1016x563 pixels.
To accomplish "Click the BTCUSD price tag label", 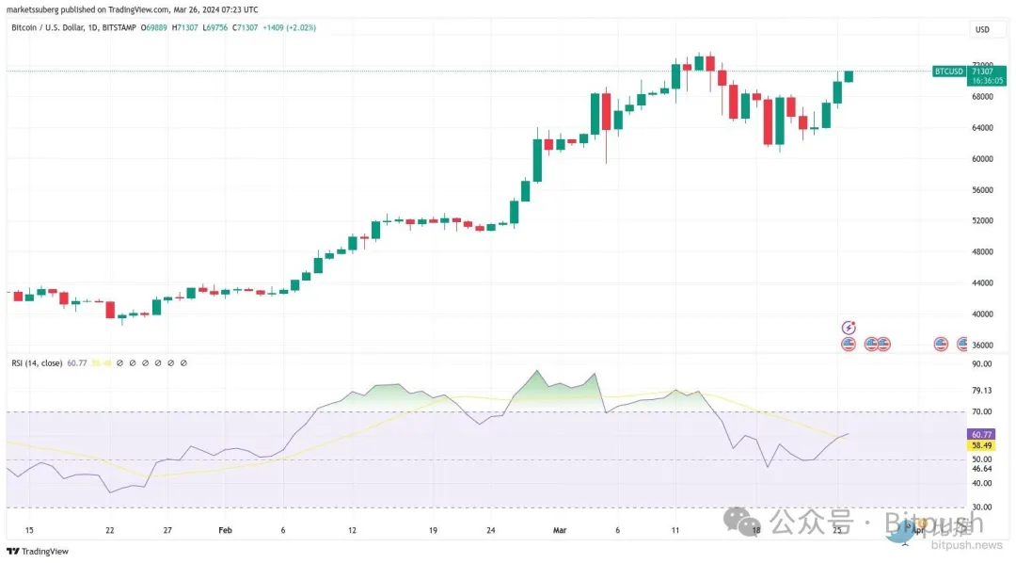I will (x=947, y=71).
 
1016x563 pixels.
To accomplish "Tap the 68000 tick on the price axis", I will (x=982, y=96).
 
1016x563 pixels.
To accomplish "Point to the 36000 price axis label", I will (x=982, y=346).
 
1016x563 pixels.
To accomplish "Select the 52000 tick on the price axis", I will (x=982, y=220).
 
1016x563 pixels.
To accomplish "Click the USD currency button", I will (x=982, y=29).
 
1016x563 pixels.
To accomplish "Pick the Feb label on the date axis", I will (x=225, y=530).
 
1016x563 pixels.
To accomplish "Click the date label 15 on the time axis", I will (x=29, y=530).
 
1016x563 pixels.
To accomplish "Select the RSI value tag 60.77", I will (x=981, y=433).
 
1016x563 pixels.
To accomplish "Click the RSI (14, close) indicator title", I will (x=38, y=362).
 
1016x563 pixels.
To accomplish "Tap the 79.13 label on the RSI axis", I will (x=982, y=391).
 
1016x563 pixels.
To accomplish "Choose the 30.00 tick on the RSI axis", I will (x=982, y=507).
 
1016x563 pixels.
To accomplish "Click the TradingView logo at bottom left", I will (x=31, y=552).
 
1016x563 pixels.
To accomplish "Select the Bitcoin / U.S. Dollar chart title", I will (x=51, y=28).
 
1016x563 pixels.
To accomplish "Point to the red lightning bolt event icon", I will (x=849, y=328).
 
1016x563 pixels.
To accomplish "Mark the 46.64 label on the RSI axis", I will (x=982, y=468).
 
